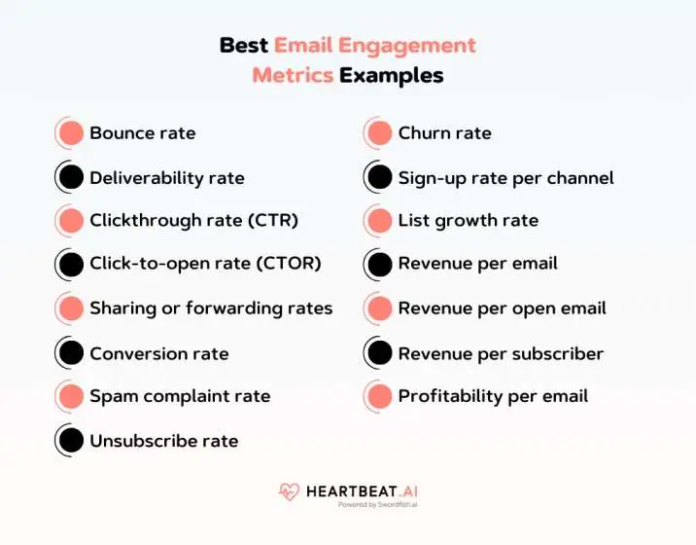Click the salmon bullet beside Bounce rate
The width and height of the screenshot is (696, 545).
point(70,133)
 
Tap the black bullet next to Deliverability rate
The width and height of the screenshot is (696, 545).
point(70,178)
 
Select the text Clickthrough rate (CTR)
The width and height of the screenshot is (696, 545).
point(193,221)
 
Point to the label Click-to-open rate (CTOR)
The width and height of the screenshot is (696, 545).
point(205,264)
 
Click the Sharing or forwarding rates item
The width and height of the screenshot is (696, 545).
point(211,309)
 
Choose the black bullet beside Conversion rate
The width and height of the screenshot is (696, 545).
point(70,353)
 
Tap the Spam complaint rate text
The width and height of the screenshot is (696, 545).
point(180,396)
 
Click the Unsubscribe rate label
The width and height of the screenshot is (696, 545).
point(163,441)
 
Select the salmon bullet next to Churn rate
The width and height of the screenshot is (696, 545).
point(379,133)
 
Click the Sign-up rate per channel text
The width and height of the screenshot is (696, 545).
point(505,178)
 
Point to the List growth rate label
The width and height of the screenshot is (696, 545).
point(468,221)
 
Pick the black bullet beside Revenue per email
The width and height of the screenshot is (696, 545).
point(379,264)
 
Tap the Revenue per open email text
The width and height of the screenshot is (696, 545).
point(502,309)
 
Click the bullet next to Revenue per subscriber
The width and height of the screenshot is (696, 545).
point(379,353)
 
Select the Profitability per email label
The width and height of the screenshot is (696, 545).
point(493,396)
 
